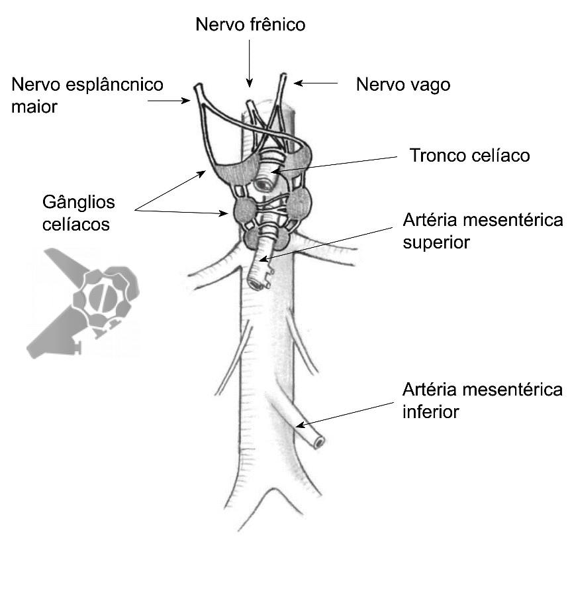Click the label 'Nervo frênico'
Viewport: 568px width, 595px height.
(250, 25)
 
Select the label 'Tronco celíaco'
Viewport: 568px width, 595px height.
(470, 156)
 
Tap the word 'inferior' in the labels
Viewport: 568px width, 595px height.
(430, 411)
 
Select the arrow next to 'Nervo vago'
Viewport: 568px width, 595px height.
(316, 83)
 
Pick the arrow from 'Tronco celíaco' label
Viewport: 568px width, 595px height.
(338, 164)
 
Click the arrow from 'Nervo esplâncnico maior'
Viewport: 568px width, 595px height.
(169, 100)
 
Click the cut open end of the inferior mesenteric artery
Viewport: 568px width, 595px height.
(319, 443)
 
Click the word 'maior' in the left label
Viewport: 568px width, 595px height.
(34, 106)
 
